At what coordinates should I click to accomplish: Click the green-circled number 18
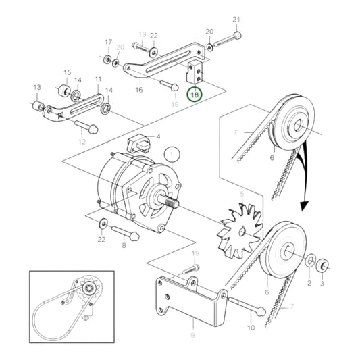pos(195,95)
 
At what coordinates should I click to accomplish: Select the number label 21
pos(236,19)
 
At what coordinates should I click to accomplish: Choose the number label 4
pos(157,137)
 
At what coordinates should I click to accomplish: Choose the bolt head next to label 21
pos(235,36)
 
